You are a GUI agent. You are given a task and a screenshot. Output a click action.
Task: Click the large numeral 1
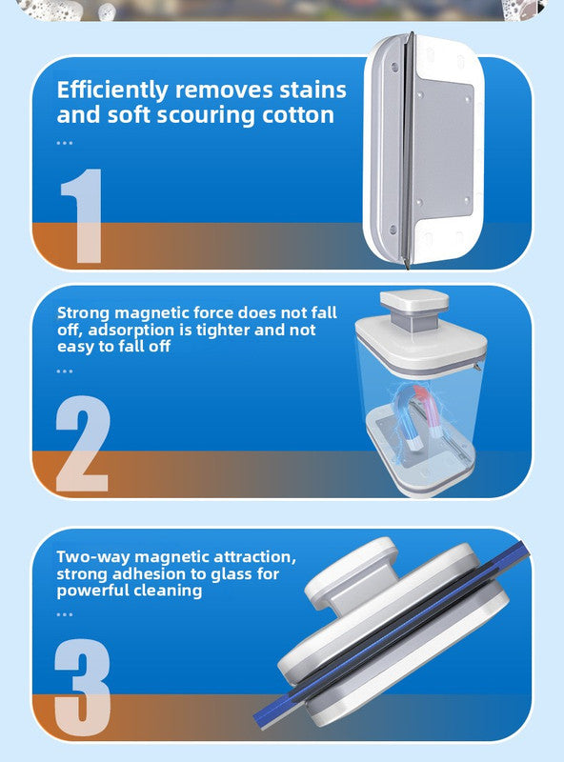pyautogui.click(x=81, y=216)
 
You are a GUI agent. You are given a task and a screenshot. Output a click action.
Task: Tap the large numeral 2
pyautogui.click(x=83, y=445)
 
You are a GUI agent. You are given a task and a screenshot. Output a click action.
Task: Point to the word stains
pyautogui.click(x=312, y=91)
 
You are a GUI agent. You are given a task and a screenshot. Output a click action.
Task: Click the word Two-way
pyautogui.click(x=92, y=556)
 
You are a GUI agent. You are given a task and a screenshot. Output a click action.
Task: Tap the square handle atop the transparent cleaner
pyautogui.click(x=413, y=303)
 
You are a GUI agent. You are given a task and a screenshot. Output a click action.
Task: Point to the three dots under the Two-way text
pyautogui.click(x=64, y=614)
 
